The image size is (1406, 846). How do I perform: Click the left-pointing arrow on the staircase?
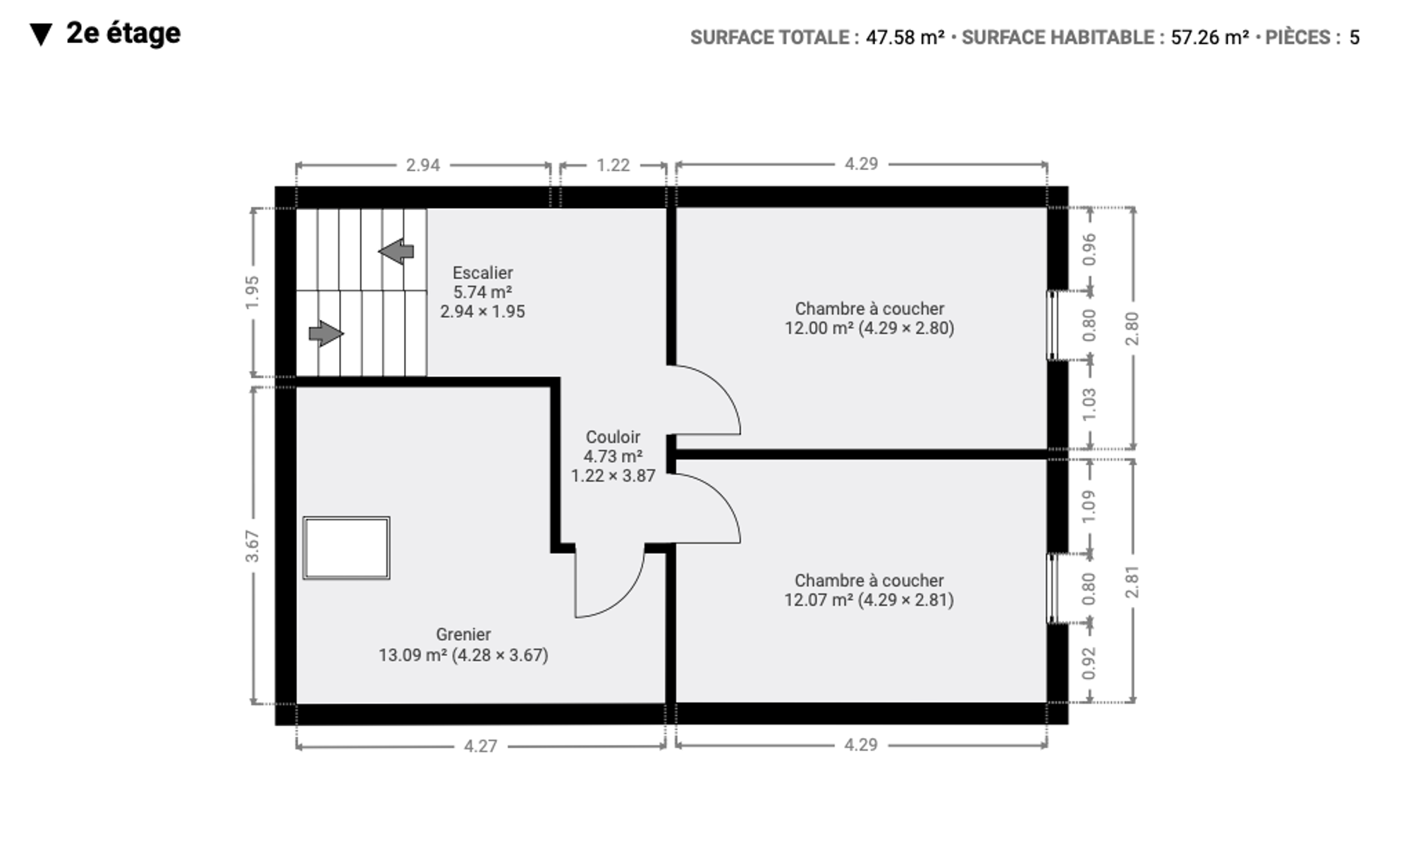click(396, 251)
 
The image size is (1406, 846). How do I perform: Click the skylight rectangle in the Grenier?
click(346, 548)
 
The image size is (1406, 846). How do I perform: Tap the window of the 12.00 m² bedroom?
click(1051, 326)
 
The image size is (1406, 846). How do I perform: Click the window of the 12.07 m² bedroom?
click(1051, 589)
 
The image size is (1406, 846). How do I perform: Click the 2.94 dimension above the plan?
click(423, 165)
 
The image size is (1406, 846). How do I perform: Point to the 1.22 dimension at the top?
click(613, 165)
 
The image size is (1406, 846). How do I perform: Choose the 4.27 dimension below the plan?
click(481, 746)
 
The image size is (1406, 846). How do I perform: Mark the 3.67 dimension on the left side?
click(252, 546)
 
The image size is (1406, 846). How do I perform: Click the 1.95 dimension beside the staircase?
click(252, 292)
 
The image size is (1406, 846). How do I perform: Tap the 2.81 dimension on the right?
click(1132, 582)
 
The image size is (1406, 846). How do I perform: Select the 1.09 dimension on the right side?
click(1089, 506)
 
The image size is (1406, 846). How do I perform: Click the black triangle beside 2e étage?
click(42, 35)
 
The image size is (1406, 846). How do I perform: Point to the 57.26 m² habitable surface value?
click(1210, 37)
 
